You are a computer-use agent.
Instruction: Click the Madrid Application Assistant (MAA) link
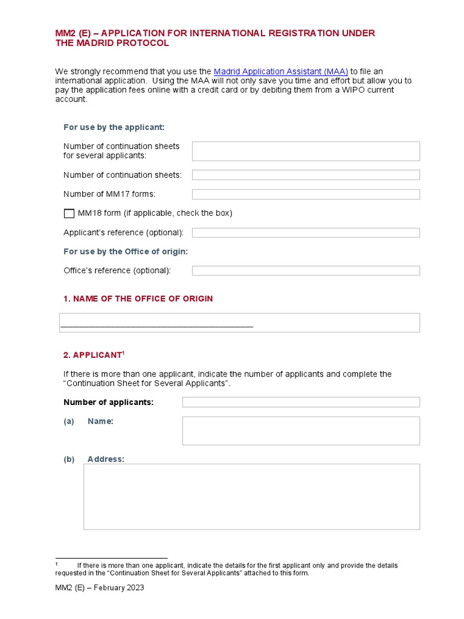click(280, 71)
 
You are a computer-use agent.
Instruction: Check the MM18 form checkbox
click(69, 213)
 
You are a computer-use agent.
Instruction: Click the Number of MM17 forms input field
click(306, 194)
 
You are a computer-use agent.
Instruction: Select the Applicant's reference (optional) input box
click(306, 233)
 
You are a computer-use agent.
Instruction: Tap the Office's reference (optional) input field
click(306, 271)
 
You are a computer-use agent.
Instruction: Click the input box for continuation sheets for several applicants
click(306, 151)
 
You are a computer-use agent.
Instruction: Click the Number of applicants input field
click(301, 402)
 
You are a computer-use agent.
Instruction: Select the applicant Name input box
click(301, 430)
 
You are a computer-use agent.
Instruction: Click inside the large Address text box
click(251, 496)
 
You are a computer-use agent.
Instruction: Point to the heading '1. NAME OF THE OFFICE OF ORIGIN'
click(138, 299)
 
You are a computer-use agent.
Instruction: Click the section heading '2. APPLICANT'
click(92, 355)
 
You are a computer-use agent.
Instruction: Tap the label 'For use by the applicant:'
click(114, 127)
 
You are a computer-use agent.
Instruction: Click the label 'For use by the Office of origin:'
click(126, 251)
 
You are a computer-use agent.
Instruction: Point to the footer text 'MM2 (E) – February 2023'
click(100, 588)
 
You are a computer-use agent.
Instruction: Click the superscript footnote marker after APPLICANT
click(124, 352)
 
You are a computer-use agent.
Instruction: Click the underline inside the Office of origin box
click(157, 327)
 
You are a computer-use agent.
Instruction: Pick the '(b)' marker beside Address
click(69, 459)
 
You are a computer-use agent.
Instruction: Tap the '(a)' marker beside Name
click(69, 421)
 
